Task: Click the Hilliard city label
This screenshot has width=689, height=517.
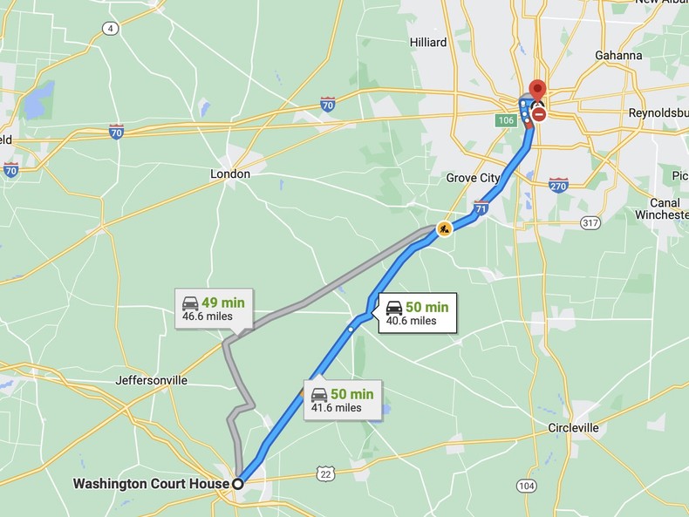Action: click(x=427, y=42)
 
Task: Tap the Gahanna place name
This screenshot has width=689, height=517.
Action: click(x=618, y=55)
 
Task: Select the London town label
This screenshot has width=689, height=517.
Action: click(x=230, y=173)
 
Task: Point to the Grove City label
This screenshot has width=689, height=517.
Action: click(x=473, y=178)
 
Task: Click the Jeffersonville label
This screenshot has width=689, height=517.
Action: click(x=151, y=380)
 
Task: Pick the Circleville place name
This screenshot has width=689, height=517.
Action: click(x=573, y=427)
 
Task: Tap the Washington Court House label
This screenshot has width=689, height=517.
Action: click(x=151, y=483)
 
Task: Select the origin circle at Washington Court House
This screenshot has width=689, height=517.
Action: click(x=237, y=483)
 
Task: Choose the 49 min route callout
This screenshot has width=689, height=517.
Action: click(x=214, y=309)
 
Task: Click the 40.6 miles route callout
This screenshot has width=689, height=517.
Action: click(x=417, y=313)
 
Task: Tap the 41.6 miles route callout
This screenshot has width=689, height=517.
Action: click(x=342, y=400)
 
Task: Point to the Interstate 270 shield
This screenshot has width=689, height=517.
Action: click(x=559, y=184)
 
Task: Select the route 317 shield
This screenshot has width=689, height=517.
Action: click(x=590, y=222)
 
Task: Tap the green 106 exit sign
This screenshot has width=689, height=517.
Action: click(x=507, y=119)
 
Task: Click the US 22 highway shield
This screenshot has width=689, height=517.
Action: click(x=326, y=473)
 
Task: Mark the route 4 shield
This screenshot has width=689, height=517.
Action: click(x=109, y=29)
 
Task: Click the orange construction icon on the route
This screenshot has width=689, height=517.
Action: click(x=445, y=229)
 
